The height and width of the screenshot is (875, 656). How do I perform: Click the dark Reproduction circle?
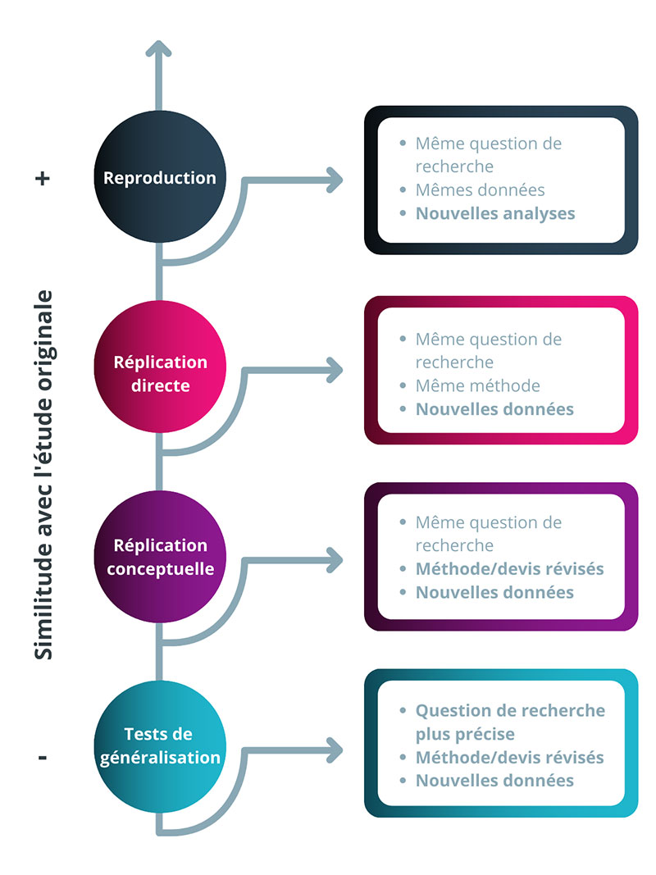[x=160, y=177]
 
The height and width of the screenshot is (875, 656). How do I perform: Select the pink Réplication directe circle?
[x=160, y=367]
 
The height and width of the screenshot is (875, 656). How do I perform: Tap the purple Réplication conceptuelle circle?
[x=160, y=556]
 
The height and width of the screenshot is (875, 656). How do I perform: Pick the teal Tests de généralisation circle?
[x=160, y=746]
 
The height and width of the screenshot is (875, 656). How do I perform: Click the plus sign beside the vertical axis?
[x=43, y=179]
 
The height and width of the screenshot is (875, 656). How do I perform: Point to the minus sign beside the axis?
[x=43, y=758]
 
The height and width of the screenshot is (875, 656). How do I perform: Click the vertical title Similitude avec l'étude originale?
[x=43, y=475]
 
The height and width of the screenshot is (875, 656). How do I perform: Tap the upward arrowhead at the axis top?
[x=158, y=48]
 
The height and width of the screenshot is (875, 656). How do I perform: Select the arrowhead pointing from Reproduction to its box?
[x=335, y=180]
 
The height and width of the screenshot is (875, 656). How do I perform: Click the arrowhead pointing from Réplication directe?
[x=335, y=370]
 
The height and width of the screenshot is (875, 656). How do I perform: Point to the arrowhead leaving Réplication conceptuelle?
[x=335, y=560]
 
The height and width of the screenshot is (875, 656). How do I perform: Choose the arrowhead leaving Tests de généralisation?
[x=335, y=750]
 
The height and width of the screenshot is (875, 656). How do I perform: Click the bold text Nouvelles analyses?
[x=495, y=214]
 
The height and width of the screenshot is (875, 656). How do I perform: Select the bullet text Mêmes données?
[x=481, y=189]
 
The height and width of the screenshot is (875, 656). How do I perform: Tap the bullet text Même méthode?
[x=478, y=385]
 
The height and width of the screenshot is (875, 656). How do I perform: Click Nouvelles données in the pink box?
[x=494, y=409]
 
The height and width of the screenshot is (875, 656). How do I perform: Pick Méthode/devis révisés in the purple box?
[x=510, y=568]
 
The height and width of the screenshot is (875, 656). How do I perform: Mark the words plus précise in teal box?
[x=465, y=734]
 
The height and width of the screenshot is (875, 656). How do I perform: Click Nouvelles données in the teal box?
[x=494, y=780]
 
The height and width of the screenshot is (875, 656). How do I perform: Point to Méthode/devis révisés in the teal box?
[x=510, y=757]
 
